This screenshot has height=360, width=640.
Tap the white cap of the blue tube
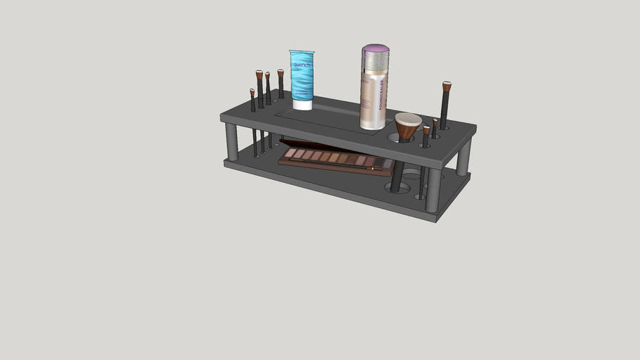(302, 105)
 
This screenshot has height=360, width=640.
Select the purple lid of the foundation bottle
(376, 51)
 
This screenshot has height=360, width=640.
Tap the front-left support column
(231, 142)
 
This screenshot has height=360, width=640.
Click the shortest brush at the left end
(252, 101)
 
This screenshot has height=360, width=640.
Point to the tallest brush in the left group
(260, 89)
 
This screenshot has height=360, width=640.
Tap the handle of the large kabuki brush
(397, 176)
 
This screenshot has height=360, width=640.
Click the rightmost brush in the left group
(281, 84)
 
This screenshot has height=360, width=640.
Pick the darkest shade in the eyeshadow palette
(380, 163)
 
